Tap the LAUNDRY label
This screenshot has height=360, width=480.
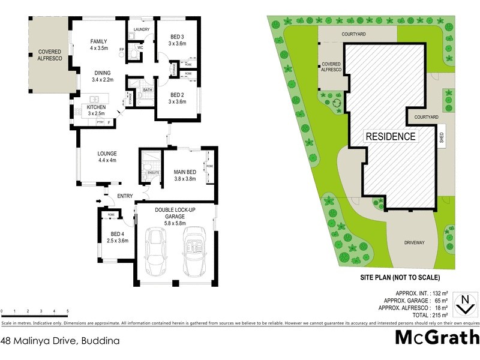(142, 29)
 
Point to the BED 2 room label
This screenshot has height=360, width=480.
(177, 95)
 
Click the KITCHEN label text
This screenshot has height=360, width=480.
(97, 106)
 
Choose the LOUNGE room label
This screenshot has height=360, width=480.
(107, 154)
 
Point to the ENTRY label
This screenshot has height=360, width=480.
(125, 196)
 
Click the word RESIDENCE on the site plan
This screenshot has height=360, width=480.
(391, 136)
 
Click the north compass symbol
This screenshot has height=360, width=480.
(463, 304)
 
